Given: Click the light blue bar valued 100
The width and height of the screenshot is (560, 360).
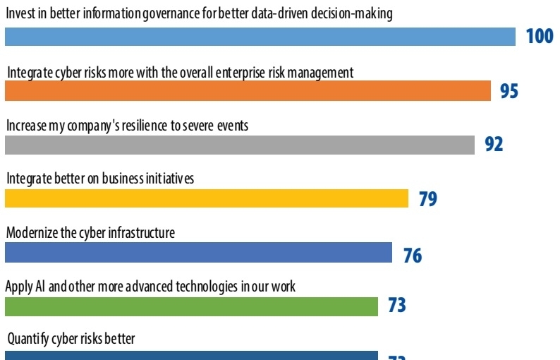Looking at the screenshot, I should [x=260, y=37].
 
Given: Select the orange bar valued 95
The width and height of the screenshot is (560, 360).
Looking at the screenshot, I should [x=248, y=91].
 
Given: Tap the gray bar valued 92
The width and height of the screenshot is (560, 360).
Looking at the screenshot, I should [x=240, y=145].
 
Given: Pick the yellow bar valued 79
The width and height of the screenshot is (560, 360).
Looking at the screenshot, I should [x=207, y=198].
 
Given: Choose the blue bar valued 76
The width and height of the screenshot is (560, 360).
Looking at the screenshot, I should [x=198, y=253].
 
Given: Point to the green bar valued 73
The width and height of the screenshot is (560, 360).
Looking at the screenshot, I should [x=192, y=306].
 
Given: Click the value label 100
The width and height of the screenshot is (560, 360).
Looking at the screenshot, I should [x=540, y=37].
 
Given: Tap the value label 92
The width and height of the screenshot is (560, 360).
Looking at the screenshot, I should [x=494, y=145].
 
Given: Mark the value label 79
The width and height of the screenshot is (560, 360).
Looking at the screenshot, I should [x=427, y=199].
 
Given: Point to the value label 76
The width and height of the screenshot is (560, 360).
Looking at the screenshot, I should [x=412, y=253].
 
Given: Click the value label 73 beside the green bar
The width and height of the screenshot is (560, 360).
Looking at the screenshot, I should [x=397, y=306].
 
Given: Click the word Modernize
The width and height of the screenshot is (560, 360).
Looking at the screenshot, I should [x=31, y=232].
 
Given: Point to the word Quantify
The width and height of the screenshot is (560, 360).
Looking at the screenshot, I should [x=29, y=340].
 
